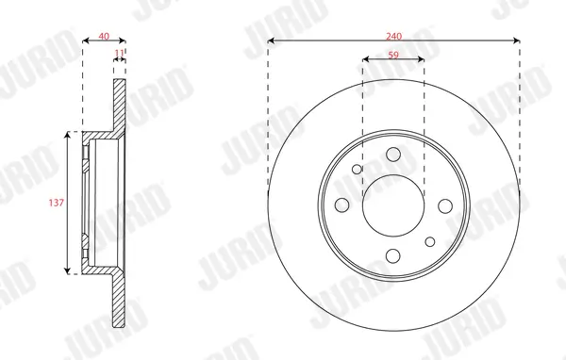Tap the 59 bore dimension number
[393, 56]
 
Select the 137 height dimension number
[57, 202]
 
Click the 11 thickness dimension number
[119, 54]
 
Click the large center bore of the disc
[393, 205]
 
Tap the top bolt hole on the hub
[393, 155]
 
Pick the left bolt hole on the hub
[342, 205]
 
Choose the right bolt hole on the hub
[444, 205]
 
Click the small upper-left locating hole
[357, 170]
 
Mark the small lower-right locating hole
[430, 242]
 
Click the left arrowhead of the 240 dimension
[272, 41]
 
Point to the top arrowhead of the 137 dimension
[68, 136]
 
